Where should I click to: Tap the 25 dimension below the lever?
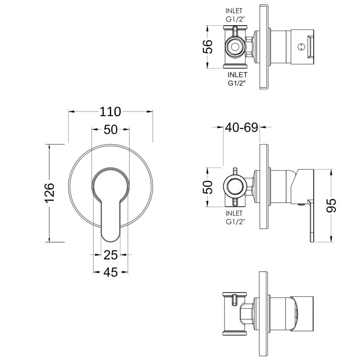[110, 255]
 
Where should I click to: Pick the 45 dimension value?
[110, 272]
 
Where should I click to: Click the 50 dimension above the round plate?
[110, 130]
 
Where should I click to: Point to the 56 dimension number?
[207, 46]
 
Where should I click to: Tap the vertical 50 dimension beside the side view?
[207, 187]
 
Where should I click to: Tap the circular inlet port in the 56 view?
[234, 46]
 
